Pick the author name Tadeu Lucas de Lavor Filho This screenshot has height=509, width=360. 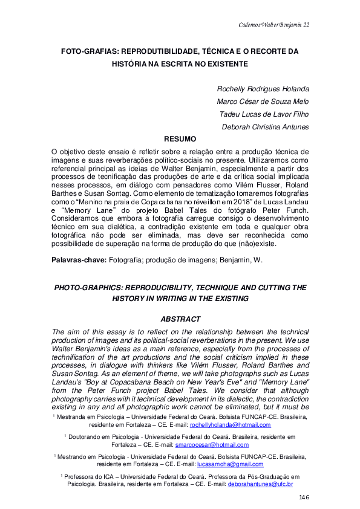coord(265,114)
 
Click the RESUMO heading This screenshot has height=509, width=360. coord(180,138)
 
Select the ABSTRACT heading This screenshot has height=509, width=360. coord(180,318)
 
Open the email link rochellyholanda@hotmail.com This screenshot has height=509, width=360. coord(230,426)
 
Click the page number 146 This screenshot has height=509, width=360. coord(304,497)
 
